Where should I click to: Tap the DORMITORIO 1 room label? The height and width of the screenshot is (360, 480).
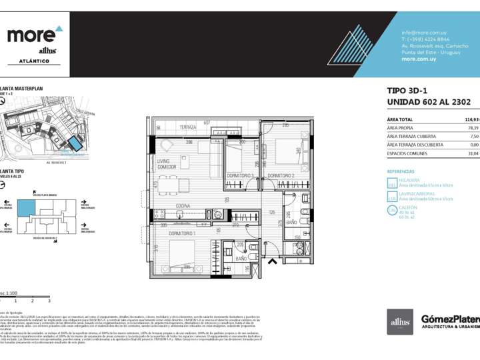[x=181, y=233]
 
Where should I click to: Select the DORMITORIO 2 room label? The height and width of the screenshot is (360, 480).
[x=281, y=175]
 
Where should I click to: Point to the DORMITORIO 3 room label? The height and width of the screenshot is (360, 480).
[x=240, y=175]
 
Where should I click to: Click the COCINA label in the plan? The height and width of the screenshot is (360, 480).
[x=184, y=205]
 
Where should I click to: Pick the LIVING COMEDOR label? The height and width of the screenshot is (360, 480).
[x=167, y=164]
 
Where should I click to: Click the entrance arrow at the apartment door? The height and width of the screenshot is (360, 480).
[x=271, y=261]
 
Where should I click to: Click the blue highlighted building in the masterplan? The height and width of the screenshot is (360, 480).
[x=75, y=143]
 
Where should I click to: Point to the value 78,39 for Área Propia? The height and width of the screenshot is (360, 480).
[x=473, y=127]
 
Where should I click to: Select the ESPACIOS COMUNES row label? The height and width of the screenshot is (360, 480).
[x=408, y=153]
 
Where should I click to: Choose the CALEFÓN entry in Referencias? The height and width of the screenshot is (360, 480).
[x=410, y=207]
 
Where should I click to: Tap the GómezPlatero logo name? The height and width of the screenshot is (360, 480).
[x=451, y=319]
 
